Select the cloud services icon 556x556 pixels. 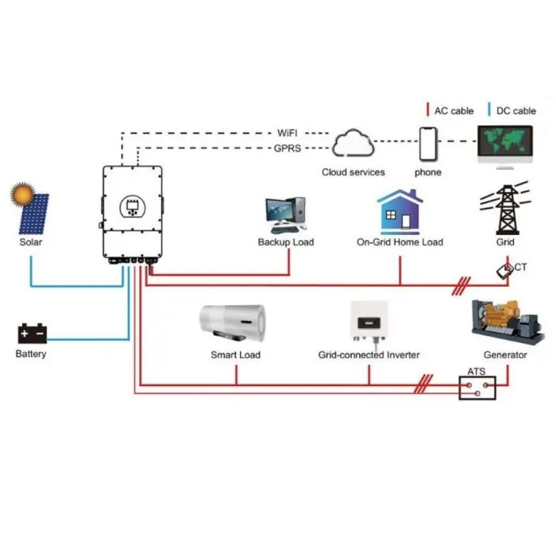(x=353, y=145)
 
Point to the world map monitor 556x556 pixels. (x=506, y=143)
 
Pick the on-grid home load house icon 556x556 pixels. (x=399, y=210)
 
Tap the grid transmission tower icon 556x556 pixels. (x=504, y=207)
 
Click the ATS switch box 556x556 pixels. (x=477, y=388)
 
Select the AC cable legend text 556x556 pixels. (x=454, y=110)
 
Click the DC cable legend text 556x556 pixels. (x=515, y=110)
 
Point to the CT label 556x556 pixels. (x=520, y=268)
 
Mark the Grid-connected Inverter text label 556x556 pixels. (x=369, y=355)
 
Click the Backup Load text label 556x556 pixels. (x=285, y=241)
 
